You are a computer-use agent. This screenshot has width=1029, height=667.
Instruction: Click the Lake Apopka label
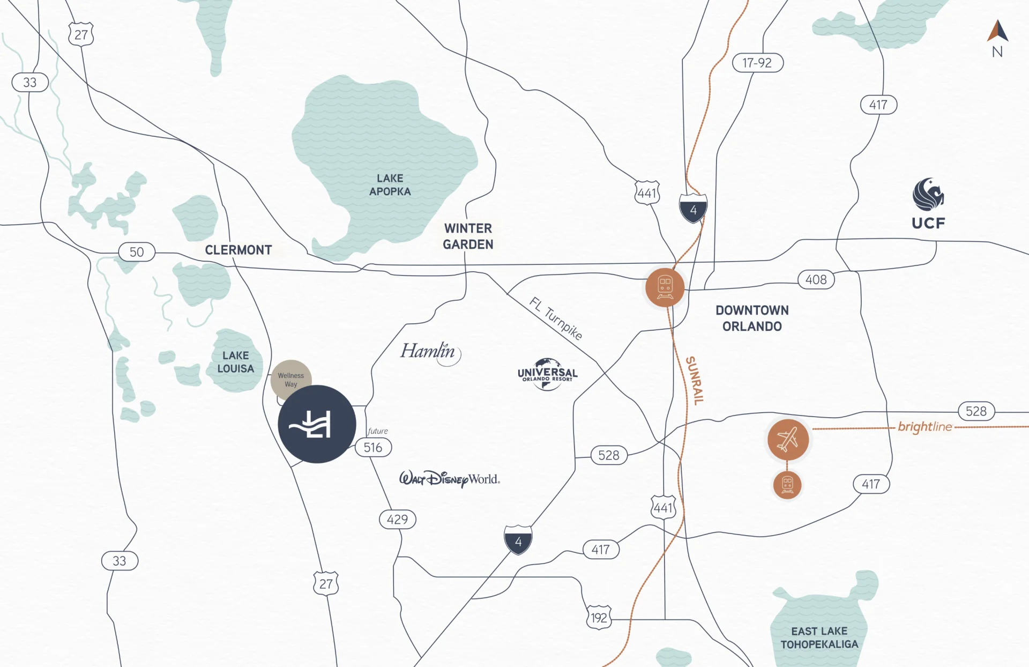[x=390, y=185]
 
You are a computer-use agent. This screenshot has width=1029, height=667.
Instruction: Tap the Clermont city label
[x=238, y=250]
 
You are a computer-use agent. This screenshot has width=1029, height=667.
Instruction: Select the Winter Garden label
[x=468, y=236]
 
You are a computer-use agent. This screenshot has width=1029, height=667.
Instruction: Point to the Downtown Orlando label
[x=752, y=318]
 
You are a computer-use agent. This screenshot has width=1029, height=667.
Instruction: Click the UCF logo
[x=928, y=204]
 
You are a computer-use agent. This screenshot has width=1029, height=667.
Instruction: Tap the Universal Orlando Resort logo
[x=547, y=374]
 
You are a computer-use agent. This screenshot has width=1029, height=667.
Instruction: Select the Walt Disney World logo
[x=449, y=478]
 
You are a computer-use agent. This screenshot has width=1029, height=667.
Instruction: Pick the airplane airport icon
[x=788, y=440]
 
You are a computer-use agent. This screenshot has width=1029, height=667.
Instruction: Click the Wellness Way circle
[x=291, y=379]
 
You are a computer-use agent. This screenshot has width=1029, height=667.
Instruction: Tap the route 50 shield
[x=137, y=252]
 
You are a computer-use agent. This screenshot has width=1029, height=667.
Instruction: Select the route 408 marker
[x=816, y=279]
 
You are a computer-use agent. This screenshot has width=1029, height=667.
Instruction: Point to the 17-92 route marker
[x=757, y=63]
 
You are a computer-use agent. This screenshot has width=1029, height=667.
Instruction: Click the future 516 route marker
[x=373, y=447]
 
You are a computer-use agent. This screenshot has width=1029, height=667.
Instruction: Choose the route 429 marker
[x=397, y=519]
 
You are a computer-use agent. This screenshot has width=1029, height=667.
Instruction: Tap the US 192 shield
[x=599, y=618]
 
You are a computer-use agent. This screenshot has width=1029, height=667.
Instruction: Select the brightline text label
[x=924, y=427]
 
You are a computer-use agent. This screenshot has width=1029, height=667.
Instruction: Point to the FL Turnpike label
[x=556, y=318]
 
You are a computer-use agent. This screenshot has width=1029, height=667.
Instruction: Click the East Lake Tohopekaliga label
[x=819, y=638]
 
